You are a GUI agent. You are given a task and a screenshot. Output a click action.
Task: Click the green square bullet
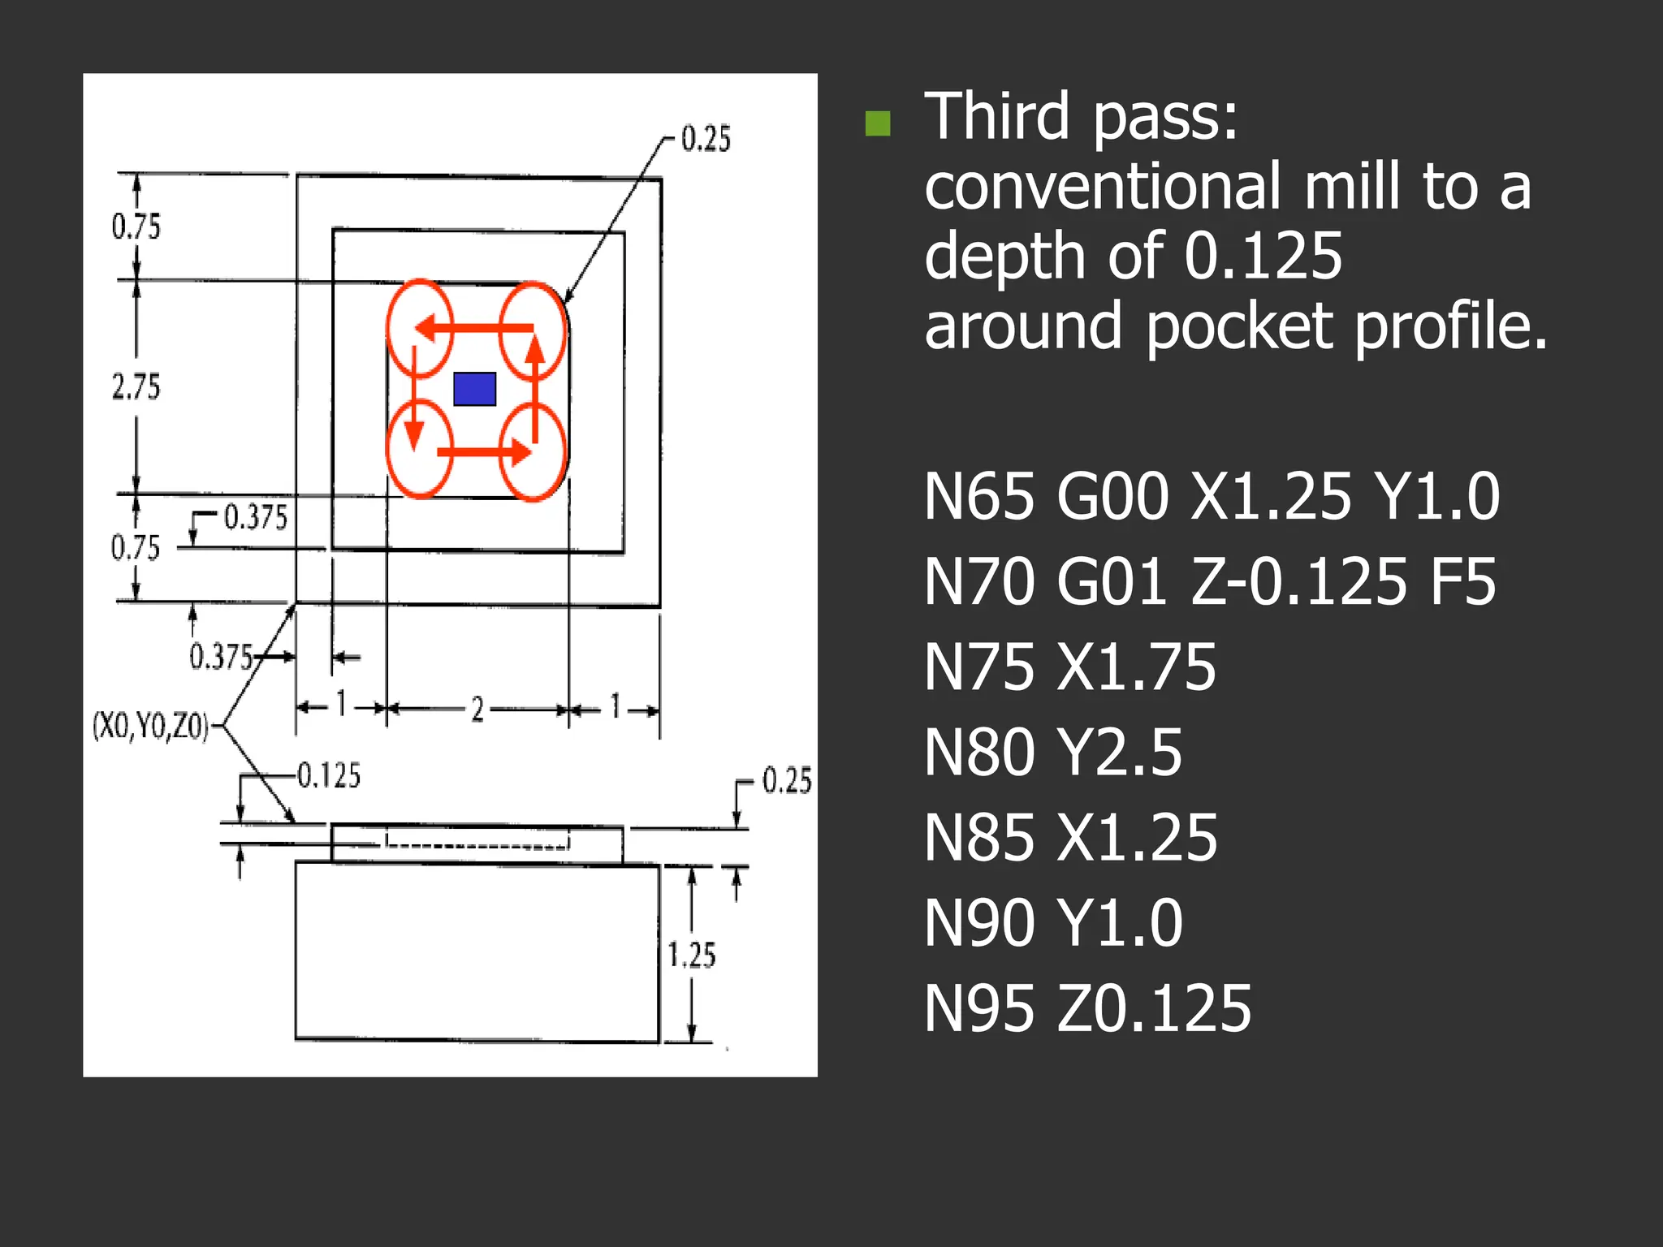(878, 123)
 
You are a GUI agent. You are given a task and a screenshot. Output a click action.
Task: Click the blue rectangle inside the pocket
(474, 389)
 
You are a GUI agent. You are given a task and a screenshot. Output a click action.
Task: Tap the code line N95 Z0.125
(1087, 1008)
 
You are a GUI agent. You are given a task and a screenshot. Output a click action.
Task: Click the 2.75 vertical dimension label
(136, 386)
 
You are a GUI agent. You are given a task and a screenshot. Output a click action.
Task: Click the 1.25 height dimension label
(692, 955)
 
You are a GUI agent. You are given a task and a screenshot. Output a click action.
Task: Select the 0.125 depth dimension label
(329, 775)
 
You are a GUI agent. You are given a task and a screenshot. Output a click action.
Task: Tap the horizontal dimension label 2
(477, 710)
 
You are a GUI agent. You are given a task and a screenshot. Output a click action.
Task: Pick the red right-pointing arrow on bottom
(484, 451)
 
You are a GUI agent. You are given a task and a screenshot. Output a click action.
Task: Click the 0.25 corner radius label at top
(706, 139)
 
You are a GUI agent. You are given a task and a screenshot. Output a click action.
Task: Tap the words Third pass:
(1081, 116)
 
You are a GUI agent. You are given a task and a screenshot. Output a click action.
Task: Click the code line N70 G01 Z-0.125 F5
(1209, 581)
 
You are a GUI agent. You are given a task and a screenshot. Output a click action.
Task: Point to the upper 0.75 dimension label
(136, 227)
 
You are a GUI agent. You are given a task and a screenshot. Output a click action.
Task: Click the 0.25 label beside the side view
(787, 780)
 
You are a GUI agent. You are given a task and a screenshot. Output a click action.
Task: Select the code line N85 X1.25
(1070, 838)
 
